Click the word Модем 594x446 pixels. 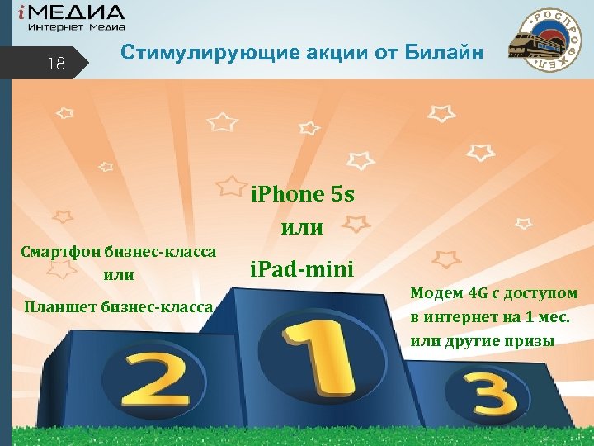[436, 294]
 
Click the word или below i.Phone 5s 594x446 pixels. [303, 225]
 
